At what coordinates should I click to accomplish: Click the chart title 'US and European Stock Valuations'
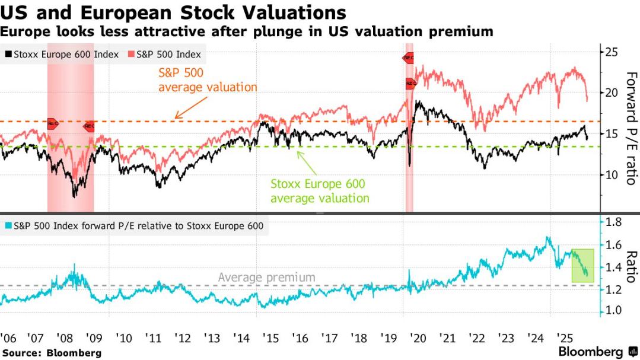[174, 12]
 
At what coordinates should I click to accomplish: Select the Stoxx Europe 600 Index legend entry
[62, 55]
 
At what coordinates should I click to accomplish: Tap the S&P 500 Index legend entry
[164, 55]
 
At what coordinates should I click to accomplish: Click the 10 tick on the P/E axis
[611, 174]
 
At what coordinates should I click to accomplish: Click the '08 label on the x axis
[65, 338]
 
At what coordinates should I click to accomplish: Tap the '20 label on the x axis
[418, 338]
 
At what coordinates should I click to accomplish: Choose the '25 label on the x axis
[565, 338]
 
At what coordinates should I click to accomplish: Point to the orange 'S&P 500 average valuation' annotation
[208, 81]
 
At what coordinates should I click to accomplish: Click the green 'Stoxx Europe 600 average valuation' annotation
[320, 191]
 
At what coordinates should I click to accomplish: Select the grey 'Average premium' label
[266, 277]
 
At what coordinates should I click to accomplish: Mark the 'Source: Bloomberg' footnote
[51, 353]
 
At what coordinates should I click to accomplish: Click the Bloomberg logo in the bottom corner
[591, 352]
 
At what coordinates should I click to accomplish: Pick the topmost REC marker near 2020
[408, 58]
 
